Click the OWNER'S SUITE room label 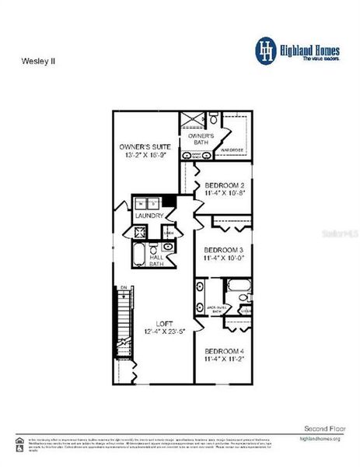pos(146,146)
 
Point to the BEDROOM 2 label pos(225,185)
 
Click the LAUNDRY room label pos(149,216)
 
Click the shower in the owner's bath pos(191,120)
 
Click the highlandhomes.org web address pos(320,440)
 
